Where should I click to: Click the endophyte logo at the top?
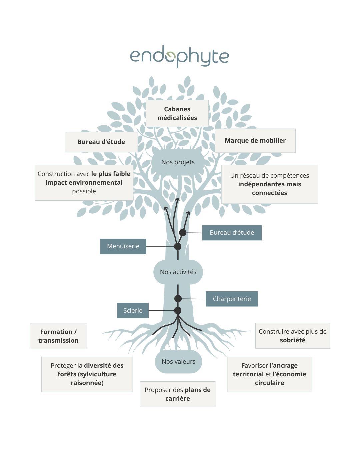coord(179,56)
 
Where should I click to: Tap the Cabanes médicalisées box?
coord(177,113)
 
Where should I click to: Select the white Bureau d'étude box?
coord(101,142)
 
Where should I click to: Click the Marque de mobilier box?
coord(255,140)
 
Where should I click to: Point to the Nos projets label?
coord(178,162)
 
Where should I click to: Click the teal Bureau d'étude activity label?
coord(232,233)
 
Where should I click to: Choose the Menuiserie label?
coord(123,246)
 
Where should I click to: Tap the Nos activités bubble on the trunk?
coord(178,272)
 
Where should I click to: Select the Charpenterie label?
coord(232,299)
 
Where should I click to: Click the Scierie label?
coord(133,310)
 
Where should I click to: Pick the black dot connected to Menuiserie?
coord(178,246)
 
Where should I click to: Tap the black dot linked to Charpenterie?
coord(178,298)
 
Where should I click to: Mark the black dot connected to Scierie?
coord(178,310)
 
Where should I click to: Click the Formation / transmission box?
coord(58,336)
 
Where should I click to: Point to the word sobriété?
coord(292,340)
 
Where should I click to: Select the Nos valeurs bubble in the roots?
coord(178,362)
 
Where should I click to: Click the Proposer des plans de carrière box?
coord(177,394)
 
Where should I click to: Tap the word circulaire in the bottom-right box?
coord(269,383)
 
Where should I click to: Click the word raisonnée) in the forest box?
coord(87,383)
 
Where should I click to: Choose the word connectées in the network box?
coord(269,193)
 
